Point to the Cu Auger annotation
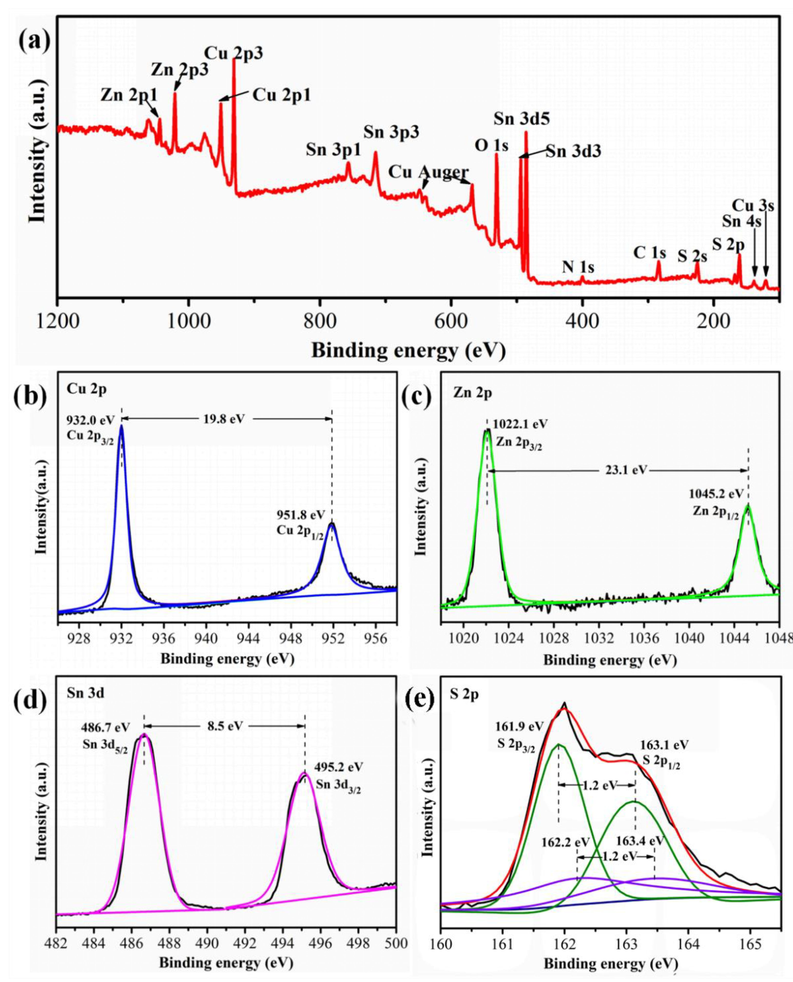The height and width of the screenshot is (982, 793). [428, 172]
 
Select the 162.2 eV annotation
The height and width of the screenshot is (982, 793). [566, 841]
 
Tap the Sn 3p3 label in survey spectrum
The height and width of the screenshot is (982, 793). [391, 132]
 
